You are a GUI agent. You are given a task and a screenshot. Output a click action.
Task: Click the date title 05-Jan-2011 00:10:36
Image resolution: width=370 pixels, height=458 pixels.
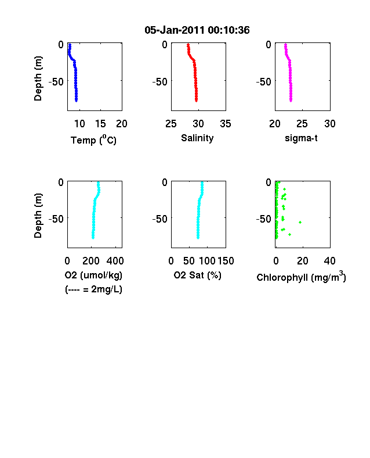coord(197,30)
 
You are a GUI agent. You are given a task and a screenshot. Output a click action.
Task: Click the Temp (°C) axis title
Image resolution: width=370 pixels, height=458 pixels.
coord(93,139)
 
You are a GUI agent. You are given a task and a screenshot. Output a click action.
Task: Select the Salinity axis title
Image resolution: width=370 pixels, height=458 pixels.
coord(197,138)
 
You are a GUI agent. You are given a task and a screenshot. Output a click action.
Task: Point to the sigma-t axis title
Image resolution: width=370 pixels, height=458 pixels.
coord(301,138)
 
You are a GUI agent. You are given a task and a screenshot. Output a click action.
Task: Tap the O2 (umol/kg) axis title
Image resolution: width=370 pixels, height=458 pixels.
coord(93,275)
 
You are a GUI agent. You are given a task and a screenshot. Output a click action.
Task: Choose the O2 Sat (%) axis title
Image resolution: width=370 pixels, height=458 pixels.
coord(198,275)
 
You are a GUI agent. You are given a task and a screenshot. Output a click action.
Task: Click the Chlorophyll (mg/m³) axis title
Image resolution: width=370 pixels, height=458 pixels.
coord(301,276)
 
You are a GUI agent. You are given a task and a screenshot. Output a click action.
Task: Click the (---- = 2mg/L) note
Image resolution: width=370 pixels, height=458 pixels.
coord(93,289)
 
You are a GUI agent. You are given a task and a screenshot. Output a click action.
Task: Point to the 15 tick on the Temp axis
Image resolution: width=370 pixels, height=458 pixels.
coord(100,124)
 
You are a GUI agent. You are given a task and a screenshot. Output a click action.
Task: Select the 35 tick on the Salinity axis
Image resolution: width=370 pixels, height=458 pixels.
coord(226,124)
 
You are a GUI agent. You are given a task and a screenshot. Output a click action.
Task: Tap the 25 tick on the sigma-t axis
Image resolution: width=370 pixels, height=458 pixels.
coord(302,124)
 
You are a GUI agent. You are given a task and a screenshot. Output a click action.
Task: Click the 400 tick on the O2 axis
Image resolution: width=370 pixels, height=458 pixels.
coord(115,261)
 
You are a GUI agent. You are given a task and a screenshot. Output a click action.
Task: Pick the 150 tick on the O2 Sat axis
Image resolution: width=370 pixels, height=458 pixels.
coord(226,261)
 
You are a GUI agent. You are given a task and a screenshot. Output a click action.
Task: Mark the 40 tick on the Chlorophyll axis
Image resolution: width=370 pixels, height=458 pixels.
coord(329,261)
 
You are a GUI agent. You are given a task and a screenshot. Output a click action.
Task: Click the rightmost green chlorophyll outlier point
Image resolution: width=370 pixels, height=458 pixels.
coord(300,222)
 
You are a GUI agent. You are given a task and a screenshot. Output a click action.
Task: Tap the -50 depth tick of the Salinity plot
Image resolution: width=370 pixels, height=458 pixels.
coord(160,82)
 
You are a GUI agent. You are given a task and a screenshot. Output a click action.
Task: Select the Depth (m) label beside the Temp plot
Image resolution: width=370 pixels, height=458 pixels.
coord(38,78)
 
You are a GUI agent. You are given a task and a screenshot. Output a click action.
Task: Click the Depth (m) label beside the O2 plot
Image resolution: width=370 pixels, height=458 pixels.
coord(38,216)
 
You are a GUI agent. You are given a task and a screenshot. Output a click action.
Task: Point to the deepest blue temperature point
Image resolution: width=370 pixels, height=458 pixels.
coord(77,101)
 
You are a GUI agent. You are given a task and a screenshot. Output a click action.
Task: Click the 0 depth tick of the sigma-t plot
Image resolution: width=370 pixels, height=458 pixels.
coord(269,44)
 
